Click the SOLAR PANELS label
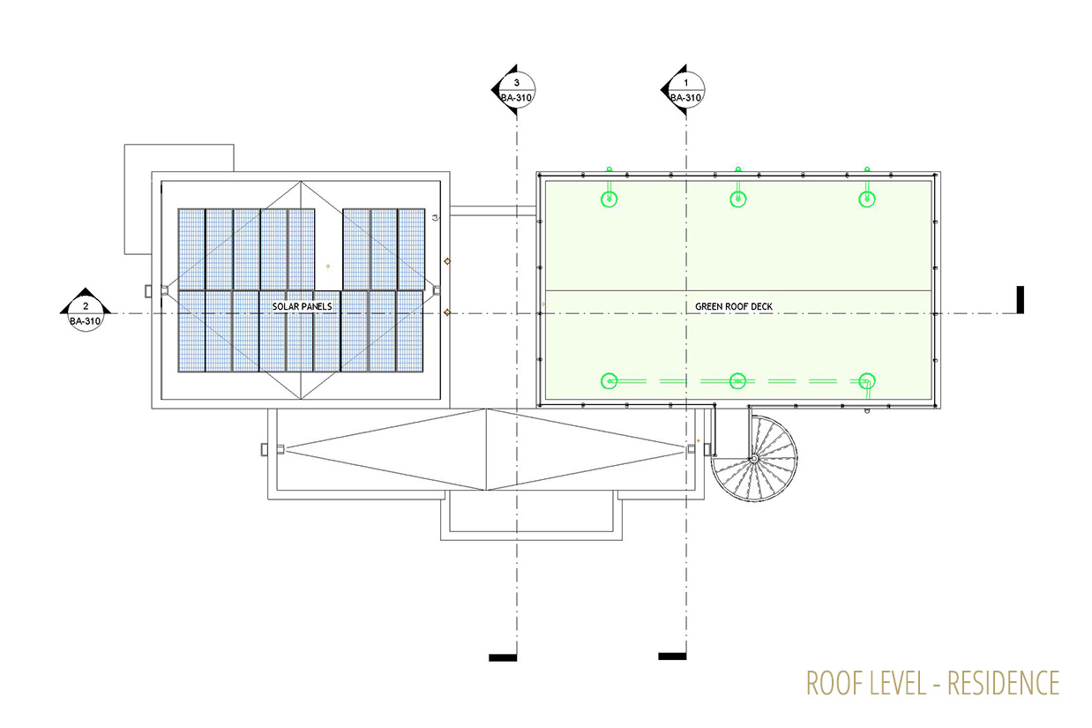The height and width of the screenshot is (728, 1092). coord(302,306)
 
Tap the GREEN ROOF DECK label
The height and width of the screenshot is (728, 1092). coord(734,306)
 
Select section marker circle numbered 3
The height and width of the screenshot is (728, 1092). coord(517,90)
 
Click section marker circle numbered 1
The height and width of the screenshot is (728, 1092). coord(686,90)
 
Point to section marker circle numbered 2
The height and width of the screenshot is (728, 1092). coord(86,313)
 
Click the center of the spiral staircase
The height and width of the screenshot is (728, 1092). coord(753,459)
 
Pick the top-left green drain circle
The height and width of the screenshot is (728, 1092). coord(609,199)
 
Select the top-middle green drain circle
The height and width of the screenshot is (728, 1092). coord(738,199)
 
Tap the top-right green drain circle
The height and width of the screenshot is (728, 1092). coord(867,199)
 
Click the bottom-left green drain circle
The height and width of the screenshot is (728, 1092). coord(609,381)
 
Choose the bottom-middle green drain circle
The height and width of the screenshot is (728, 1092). coord(737,381)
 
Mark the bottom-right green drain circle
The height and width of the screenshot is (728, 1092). coord(867,381)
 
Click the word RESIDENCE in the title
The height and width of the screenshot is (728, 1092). coord(1004,683)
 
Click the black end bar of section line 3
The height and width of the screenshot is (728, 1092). coord(503,657)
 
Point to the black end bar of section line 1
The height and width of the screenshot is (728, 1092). coord(672,657)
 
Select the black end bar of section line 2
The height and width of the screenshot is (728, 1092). coord(1021,300)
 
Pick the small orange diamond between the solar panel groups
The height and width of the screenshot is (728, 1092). coord(328,266)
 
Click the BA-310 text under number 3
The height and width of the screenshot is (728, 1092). coord(517,98)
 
